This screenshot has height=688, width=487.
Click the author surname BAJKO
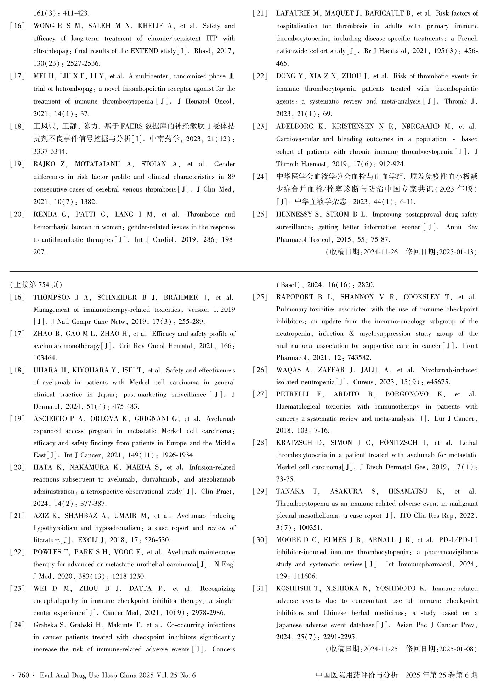pyautogui.click(x=45, y=164)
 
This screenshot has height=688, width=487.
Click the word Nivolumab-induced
pyautogui.click(x=449, y=370)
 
